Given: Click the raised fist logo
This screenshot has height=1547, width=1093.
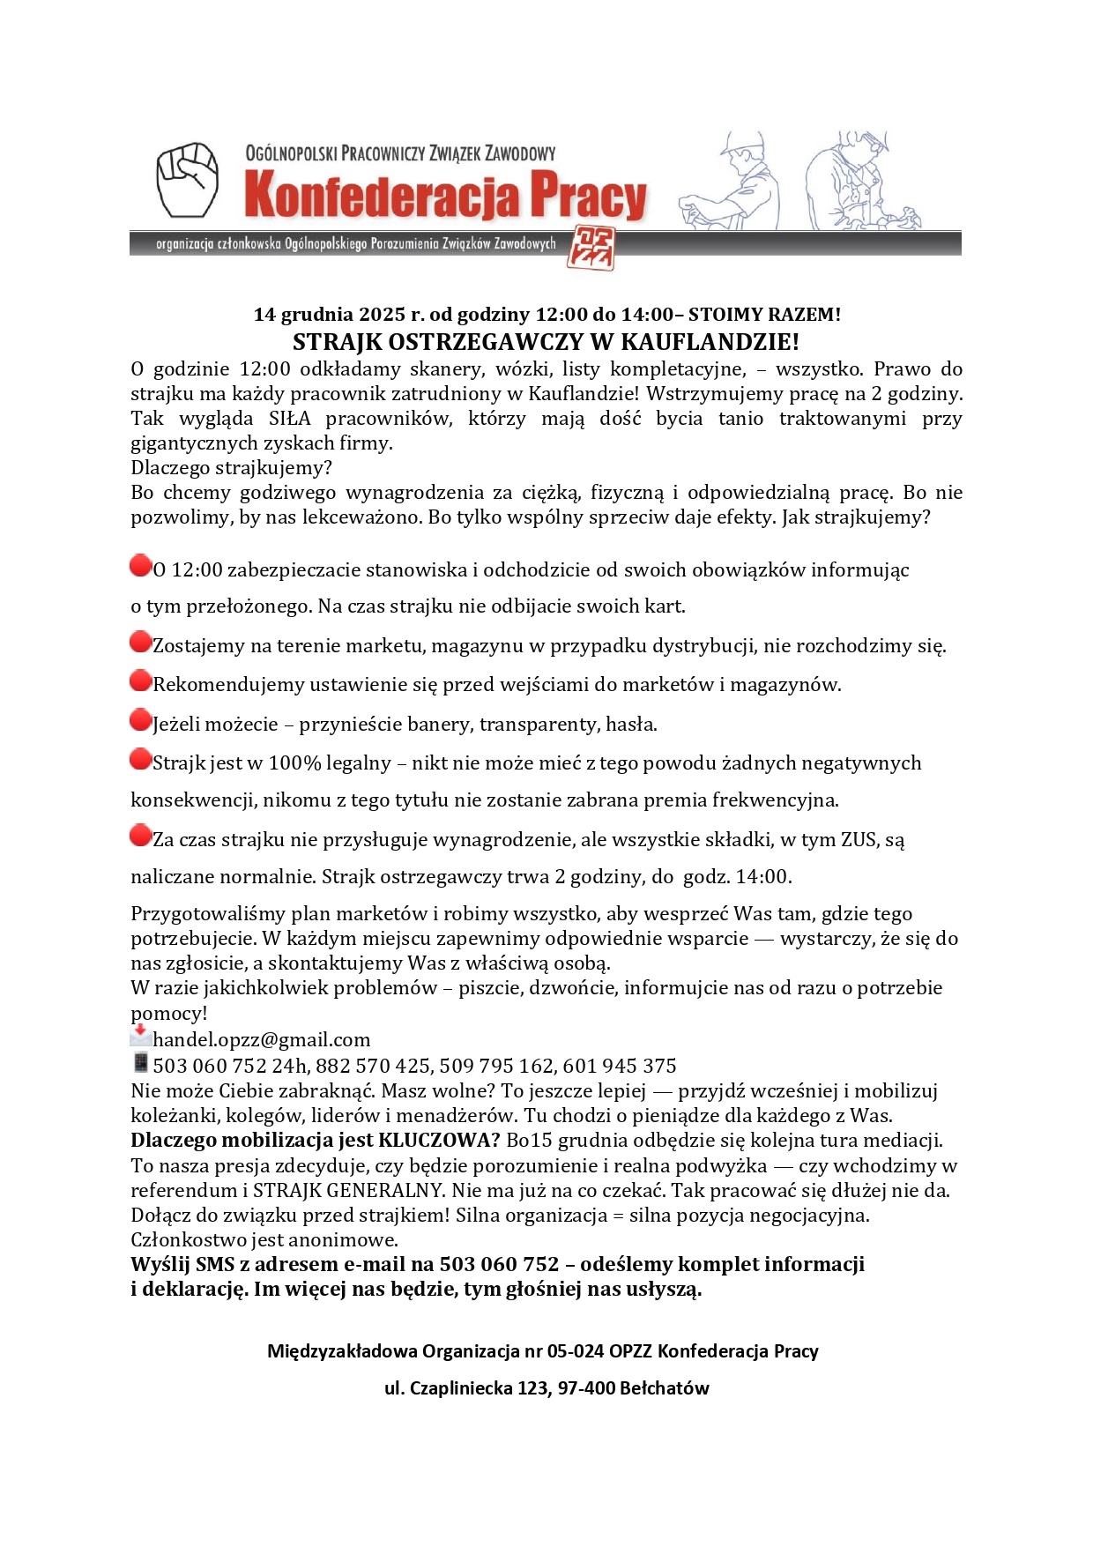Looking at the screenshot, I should click(187, 180).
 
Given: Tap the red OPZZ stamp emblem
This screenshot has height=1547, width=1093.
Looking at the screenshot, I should click(591, 247).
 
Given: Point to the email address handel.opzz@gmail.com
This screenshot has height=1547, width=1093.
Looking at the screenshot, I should click(261, 1040).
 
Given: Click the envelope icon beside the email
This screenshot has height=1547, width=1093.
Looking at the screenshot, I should click(140, 1036).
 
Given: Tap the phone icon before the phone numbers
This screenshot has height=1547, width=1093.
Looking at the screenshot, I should click(140, 1062).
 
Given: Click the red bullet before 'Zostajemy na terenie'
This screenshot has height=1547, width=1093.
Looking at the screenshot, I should click(140, 642).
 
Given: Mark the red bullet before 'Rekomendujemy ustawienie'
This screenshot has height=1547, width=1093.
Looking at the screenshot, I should click(140, 681).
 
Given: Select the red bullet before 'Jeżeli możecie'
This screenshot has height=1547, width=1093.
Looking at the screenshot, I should click(140, 720).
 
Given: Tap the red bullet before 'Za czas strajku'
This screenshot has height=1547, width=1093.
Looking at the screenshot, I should click(140, 835).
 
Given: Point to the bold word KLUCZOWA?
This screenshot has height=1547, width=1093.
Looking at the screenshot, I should click(439, 1141).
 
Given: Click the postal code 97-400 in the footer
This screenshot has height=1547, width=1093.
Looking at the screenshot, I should click(586, 1388).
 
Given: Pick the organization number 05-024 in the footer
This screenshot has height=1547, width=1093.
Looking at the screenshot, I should click(576, 1351).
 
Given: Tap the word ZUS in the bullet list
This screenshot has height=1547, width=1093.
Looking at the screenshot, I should click(859, 840).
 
